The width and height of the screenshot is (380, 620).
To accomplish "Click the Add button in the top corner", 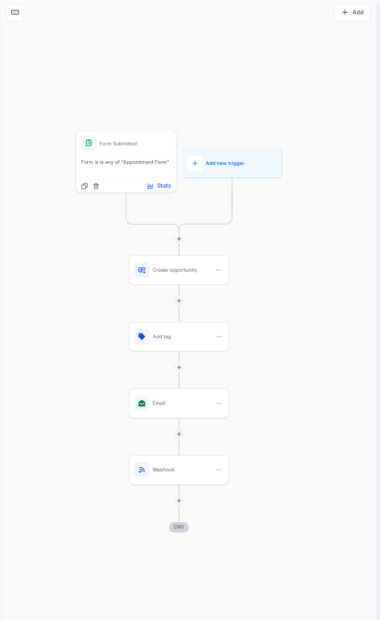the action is [352, 12].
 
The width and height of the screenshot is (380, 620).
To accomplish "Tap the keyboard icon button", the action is [15, 12].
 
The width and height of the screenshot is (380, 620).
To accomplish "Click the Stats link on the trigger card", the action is [159, 186].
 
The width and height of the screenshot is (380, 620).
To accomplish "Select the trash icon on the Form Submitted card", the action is [96, 186].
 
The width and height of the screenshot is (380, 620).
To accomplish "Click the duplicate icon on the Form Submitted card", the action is [85, 186].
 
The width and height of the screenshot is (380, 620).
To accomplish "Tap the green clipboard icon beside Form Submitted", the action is [89, 143].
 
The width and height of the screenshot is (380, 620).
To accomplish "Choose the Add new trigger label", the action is [225, 163].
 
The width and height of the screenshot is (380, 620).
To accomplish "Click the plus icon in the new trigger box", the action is [195, 163].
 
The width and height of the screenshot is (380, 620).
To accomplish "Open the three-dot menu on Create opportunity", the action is [219, 270].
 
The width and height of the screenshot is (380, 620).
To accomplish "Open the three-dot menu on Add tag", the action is [219, 337].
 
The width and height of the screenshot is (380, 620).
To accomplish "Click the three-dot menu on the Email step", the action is [219, 403].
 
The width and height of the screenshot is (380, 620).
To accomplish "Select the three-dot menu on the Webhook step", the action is [219, 470].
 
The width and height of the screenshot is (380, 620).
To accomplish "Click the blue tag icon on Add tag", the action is [142, 337].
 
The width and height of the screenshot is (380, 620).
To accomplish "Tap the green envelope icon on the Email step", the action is [142, 403].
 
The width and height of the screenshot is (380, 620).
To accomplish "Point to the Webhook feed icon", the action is [142, 470].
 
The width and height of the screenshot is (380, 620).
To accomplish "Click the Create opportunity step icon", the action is [142, 270].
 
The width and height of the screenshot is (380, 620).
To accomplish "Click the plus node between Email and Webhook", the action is [179, 434].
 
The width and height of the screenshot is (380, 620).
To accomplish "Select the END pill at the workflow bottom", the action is [179, 527].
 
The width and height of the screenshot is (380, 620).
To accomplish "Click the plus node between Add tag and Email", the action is [179, 367].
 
